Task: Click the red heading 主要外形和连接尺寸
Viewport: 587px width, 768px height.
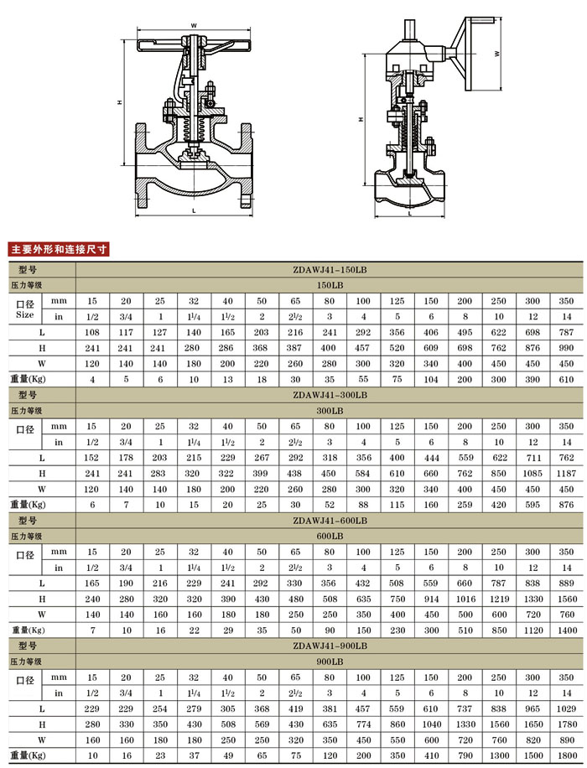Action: (59, 249)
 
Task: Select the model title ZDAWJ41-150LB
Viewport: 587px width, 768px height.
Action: (330, 269)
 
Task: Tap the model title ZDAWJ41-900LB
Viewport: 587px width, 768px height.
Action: (330, 646)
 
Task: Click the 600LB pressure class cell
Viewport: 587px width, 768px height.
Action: (330, 537)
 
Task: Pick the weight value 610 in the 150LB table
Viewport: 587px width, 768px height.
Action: (566, 380)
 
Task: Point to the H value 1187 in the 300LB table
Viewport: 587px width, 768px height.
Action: (566, 474)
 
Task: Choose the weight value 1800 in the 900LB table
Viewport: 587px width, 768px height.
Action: (567, 755)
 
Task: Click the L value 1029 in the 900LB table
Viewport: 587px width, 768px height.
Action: (566, 708)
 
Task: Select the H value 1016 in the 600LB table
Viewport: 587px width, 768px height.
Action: (465, 599)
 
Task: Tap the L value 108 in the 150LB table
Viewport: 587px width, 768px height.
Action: (92, 333)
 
